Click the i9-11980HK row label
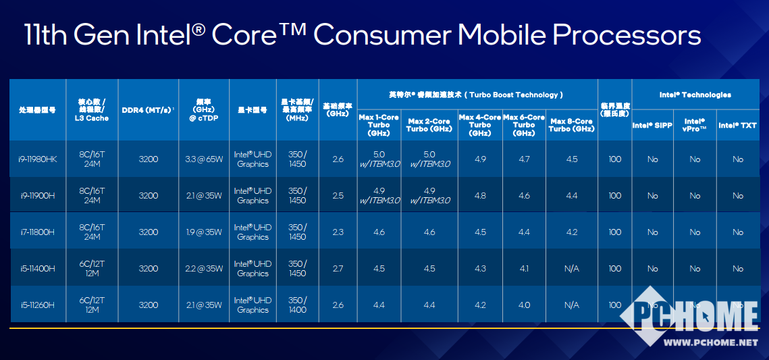click(38, 159)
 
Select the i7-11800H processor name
click(38, 232)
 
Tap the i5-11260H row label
click(38, 305)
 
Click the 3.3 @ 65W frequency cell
click(203, 159)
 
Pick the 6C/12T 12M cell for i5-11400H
click(92, 269)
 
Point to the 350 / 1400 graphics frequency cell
click(296, 305)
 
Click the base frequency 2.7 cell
click(338, 269)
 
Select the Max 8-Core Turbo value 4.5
click(571, 159)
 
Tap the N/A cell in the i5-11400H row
click(571, 269)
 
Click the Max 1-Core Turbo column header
click(379, 125)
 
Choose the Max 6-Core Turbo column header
click(524, 125)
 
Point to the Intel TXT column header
click(737, 126)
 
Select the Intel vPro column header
click(695, 126)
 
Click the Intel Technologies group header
click(695, 95)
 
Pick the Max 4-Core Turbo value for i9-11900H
click(480, 196)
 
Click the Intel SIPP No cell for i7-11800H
click(652, 232)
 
